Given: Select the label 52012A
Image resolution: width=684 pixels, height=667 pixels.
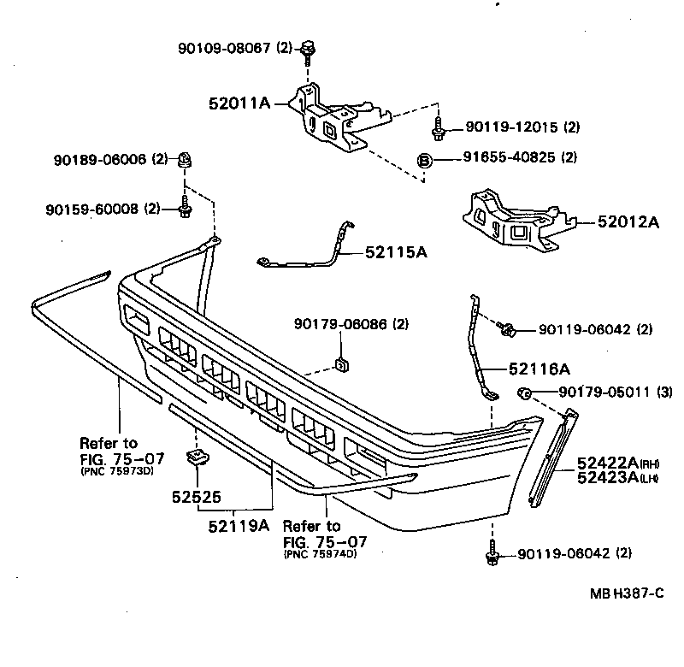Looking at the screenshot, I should coord(630,222).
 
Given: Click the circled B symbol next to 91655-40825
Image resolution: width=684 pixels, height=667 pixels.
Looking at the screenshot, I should coord(423,158).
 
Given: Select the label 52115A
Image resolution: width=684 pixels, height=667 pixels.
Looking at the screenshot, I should coord(396,251).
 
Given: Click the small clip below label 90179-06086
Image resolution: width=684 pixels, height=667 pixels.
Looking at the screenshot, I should coord(340,365).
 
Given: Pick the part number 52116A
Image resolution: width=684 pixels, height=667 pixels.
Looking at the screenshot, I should coord(539,369).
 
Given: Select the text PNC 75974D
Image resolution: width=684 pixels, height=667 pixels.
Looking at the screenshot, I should coord(319,554).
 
